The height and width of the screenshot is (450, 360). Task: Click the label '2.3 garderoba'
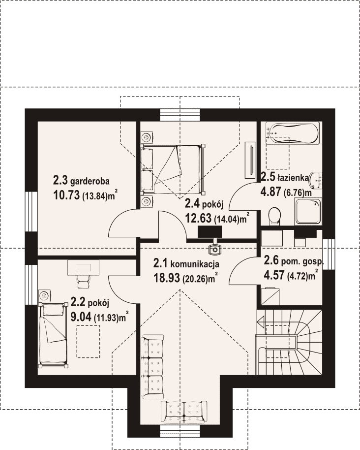(x=81, y=181)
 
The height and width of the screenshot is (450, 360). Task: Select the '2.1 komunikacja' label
(x=186, y=263)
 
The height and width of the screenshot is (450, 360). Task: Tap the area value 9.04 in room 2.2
(x=81, y=317)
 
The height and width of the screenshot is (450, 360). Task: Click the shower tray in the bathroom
(x=308, y=212)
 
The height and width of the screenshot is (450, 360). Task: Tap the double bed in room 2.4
(x=172, y=168)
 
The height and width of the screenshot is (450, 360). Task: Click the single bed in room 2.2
(x=53, y=335)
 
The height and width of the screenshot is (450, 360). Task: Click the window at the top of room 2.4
(x=180, y=115)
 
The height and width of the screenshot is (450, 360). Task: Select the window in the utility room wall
(x=329, y=254)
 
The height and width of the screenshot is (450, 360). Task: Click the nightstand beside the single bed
(x=44, y=295)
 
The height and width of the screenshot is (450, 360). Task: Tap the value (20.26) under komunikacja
(x=194, y=279)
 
